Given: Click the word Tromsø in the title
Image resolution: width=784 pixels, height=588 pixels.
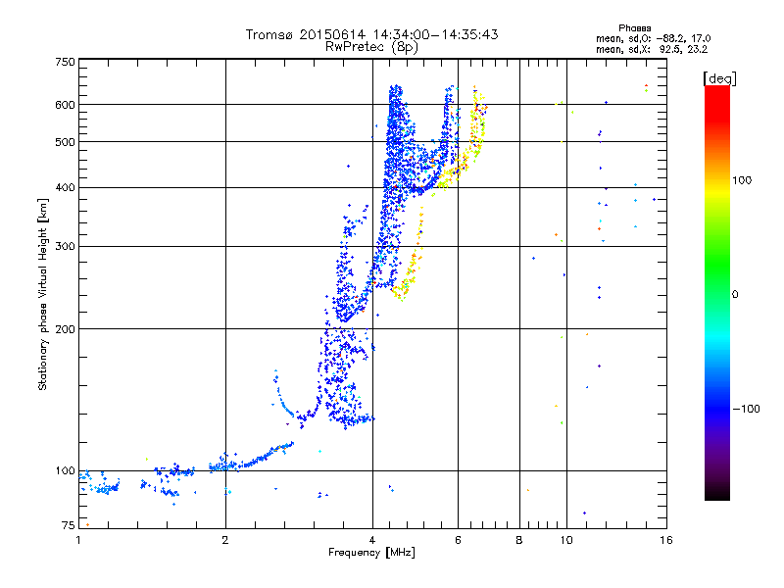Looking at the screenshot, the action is click(270, 34).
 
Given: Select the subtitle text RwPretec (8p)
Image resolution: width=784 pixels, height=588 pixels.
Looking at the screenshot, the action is click(371, 47).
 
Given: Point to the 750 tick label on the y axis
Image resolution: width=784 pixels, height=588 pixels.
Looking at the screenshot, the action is click(66, 62).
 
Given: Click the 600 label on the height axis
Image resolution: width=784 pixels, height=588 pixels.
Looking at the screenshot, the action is click(66, 105).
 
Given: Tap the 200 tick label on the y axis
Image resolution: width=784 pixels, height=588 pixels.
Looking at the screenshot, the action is click(66, 329).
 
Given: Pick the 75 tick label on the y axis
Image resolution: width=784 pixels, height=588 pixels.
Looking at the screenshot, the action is click(69, 525).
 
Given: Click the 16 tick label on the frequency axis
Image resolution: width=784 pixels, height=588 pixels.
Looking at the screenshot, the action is click(666, 540).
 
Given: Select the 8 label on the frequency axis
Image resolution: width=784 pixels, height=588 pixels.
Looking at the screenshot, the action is click(519, 540).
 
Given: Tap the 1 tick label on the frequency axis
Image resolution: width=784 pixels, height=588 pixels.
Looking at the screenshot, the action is click(78, 540).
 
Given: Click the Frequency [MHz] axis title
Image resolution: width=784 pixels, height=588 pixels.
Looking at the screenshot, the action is click(371, 553).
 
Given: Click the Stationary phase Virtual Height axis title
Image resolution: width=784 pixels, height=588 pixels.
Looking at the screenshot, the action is click(42, 294).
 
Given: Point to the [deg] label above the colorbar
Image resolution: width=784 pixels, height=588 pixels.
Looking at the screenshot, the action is click(720, 78).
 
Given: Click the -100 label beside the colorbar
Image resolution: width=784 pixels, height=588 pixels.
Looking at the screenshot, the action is click(746, 409).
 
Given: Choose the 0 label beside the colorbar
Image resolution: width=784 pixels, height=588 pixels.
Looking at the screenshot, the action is click(735, 294).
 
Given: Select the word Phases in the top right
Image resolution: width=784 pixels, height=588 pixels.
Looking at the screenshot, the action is click(634, 28).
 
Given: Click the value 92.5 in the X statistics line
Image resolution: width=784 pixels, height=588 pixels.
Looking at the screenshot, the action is click(669, 50).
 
